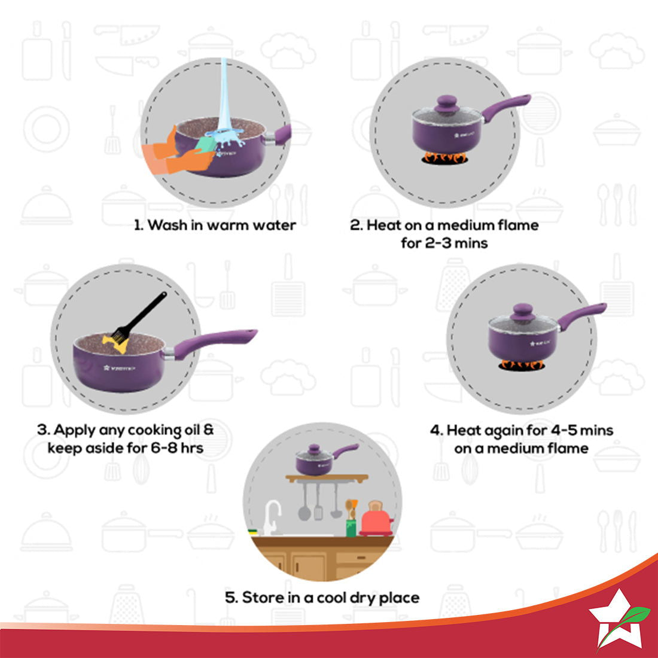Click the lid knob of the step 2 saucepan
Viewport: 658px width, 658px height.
click(x=446, y=103)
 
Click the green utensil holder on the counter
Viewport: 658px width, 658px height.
click(x=351, y=527)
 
